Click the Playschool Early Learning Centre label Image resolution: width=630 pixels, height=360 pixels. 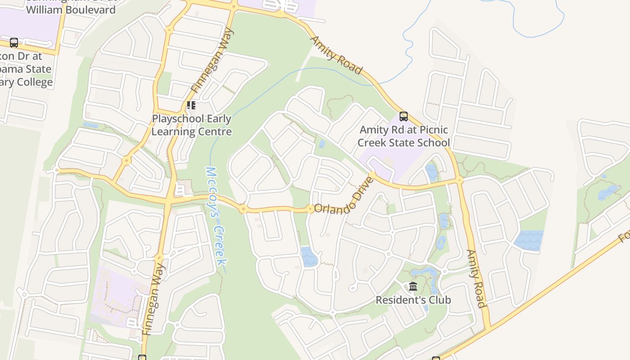(192, 125)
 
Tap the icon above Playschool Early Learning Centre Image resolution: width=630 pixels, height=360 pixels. (191, 105)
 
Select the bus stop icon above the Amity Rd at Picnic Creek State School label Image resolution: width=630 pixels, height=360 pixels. (404, 117)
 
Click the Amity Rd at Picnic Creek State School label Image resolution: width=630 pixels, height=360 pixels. (403, 136)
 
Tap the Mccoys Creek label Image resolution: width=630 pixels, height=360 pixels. (216, 216)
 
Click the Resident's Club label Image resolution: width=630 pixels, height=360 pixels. (413, 300)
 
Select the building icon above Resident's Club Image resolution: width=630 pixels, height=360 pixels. (413, 286)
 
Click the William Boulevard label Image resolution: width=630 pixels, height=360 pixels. (71, 9)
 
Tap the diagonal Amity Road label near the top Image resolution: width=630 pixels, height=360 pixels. (336, 55)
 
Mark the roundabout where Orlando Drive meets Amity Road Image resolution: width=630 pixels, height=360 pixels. (459, 180)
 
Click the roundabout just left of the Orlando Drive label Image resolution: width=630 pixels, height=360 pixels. (310, 208)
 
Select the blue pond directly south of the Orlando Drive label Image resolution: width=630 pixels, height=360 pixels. (309, 257)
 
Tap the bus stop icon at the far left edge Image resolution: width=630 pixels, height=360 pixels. (14, 43)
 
